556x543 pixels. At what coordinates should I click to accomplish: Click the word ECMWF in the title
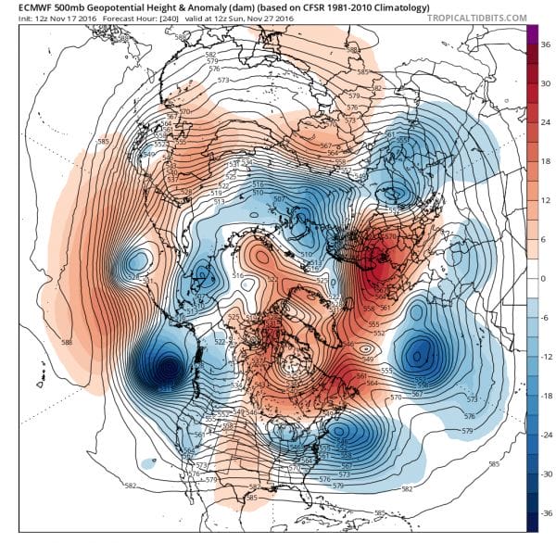pos(25,7)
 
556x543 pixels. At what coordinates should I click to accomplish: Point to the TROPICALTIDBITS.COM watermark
pos(480,19)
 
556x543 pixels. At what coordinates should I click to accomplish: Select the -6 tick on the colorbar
pos(545,317)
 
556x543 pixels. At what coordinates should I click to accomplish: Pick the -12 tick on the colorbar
pos(547,356)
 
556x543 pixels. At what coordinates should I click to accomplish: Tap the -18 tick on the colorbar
pos(547,395)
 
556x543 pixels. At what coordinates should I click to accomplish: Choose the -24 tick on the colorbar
pos(547,435)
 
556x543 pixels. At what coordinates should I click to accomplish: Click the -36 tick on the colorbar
pos(547,512)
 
